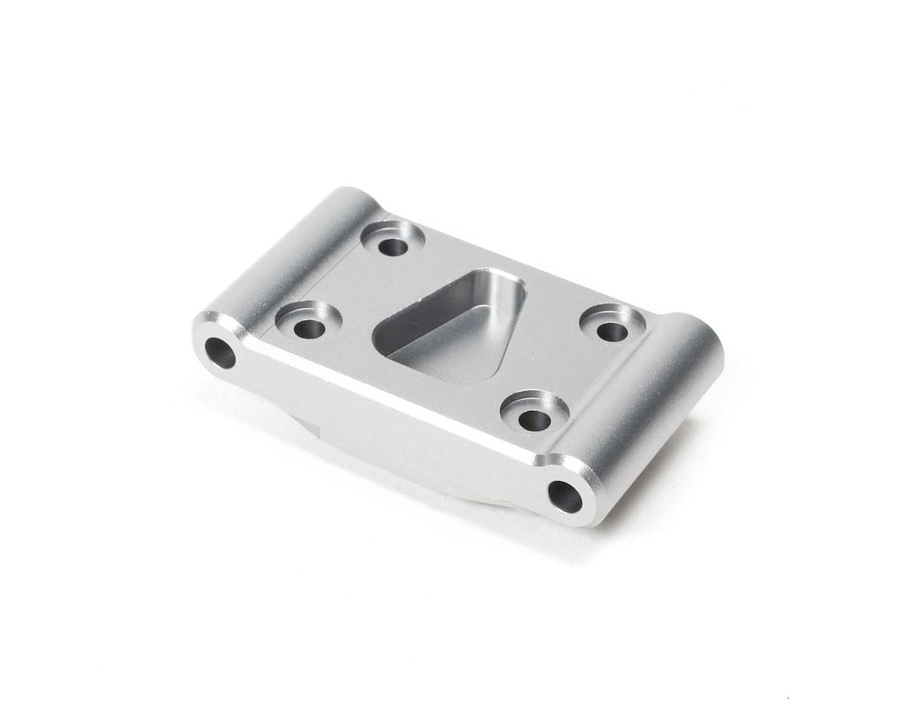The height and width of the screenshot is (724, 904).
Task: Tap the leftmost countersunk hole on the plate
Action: click(308, 328)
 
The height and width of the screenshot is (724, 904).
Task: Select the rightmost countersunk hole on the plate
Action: click(612, 329)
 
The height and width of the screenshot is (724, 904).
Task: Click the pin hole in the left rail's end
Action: click(220, 352)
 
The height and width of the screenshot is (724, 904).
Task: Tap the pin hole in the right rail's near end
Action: click(565, 495)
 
